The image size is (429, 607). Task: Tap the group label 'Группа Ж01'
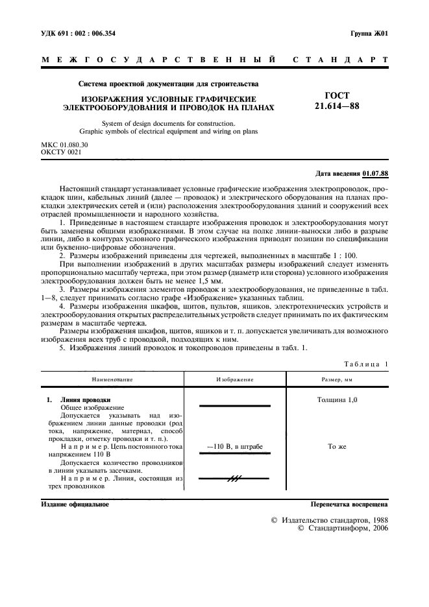pyautogui.click(x=369, y=32)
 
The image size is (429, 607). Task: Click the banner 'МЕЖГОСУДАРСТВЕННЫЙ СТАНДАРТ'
pyautogui.click(x=214, y=60)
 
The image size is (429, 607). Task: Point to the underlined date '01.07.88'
pyautogui.click(x=375, y=174)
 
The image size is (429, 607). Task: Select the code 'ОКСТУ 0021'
pyautogui.click(x=60, y=152)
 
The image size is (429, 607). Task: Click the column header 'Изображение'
pyautogui.click(x=234, y=379)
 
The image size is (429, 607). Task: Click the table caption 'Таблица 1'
pyautogui.click(x=365, y=364)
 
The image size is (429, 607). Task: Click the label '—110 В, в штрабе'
pyautogui.click(x=234, y=447)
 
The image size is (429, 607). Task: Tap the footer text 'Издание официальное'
pyautogui.click(x=75, y=503)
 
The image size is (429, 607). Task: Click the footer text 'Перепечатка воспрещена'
pyautogui.click(x=349, y=503)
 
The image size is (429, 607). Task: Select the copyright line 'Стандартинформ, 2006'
pyautogui.click(x=343, y=529)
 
